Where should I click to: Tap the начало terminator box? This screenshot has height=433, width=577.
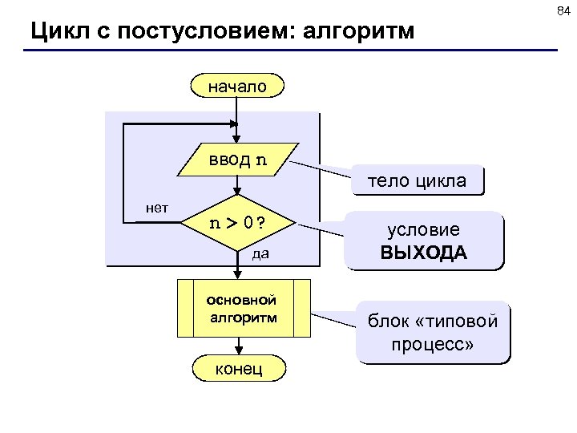237,85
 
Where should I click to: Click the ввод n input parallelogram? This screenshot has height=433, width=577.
238,160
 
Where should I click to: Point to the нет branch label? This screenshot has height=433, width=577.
157,207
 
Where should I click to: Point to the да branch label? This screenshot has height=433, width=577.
260,255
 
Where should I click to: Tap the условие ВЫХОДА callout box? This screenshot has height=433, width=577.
423,241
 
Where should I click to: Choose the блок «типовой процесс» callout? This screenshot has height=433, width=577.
433,333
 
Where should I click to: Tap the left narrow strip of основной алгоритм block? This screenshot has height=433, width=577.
185,309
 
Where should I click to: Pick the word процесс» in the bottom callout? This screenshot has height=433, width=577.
433,345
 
